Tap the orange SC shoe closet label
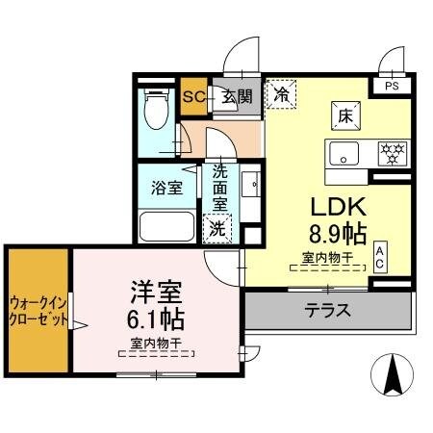192,96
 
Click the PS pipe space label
391,85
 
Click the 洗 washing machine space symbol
218,230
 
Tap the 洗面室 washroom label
219,188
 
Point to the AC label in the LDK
380,255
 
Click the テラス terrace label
328,310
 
